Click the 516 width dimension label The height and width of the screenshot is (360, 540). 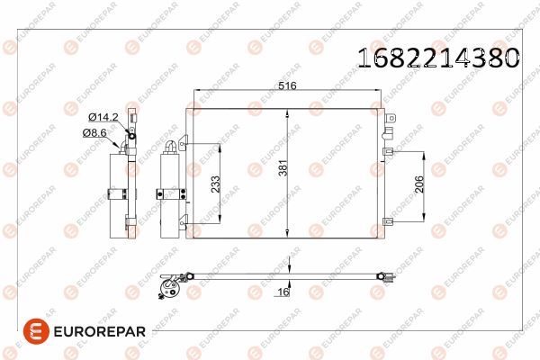[288, 87]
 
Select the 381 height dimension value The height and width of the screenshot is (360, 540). [282, 167]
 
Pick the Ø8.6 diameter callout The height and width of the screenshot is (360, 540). [95, 132]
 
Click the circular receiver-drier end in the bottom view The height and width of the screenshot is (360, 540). [167, 288]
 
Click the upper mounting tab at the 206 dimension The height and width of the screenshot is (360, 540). [390, 151]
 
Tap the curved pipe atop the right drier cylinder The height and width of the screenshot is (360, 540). [171, 146]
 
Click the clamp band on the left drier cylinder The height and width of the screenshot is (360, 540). [118, 192]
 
